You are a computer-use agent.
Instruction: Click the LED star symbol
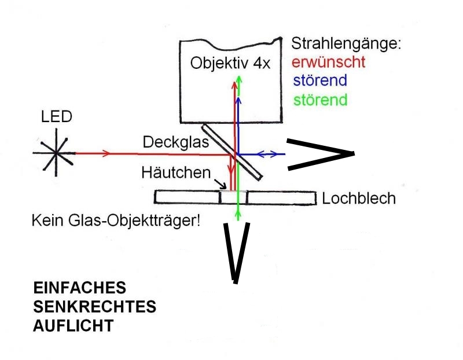tap(56, 153)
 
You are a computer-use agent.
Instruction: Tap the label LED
tap(56, 117)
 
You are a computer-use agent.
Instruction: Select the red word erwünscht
tap(328, 61)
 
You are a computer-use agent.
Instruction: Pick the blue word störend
tap(320, 80)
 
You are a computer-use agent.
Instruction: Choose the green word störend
tap(320, 100)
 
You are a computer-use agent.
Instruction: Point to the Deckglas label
tap(171, 142)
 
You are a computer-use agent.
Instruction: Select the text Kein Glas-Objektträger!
tap(116, 221)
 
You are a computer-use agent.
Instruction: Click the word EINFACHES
tap(79, 288)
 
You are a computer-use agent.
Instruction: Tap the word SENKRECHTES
tap(94, 306)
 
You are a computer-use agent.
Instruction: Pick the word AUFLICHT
tap(72, 325)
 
